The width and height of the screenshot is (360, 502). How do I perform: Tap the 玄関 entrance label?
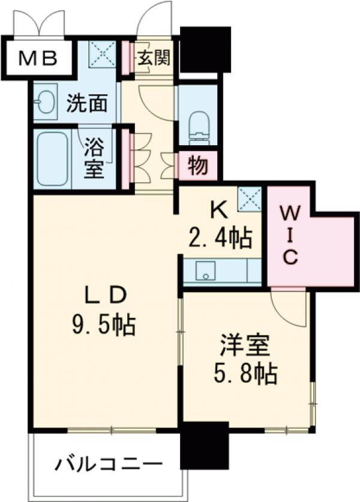pos(154,58)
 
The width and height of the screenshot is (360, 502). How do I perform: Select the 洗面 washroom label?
pos(86,104)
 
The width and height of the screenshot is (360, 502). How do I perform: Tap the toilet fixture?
pos(197,122)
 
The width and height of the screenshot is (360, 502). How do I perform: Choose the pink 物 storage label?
pos(197,166)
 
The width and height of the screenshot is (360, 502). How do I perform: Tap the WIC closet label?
pos(289,235)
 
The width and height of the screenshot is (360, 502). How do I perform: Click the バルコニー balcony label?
pos(110,464)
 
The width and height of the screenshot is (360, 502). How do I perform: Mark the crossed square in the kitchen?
pos(249,199)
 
